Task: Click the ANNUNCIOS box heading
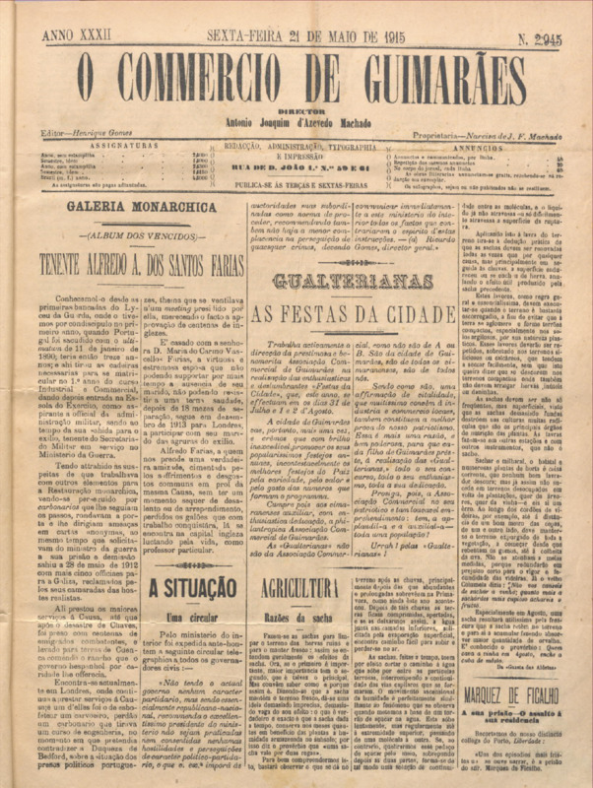pyautogui.click(x=486, y=145)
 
